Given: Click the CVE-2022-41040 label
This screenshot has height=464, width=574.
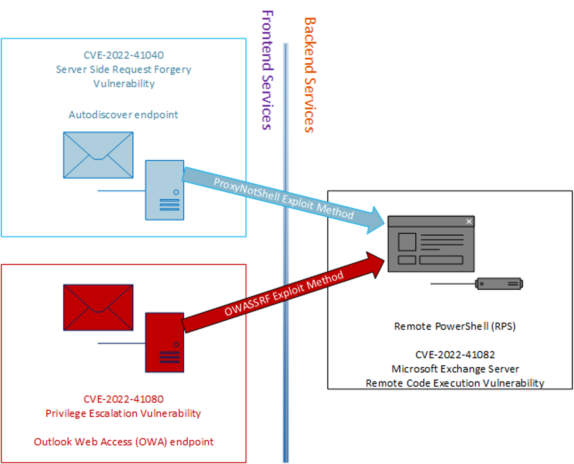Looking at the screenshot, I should click(124, 55).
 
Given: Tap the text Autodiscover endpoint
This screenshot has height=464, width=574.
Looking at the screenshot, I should click(123, 115).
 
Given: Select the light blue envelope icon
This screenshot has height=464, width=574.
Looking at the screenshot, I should click(98, 155).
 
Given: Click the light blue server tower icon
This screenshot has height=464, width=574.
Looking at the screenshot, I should click(165, 190).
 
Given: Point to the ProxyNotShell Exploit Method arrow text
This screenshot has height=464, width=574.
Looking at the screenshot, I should click(283, 198).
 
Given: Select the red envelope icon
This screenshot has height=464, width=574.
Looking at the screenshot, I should click(98, 307).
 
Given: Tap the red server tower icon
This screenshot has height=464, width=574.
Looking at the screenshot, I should click(165, 342).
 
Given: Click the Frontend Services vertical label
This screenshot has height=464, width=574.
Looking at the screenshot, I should click(267, 70).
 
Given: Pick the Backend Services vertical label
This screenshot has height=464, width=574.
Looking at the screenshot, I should click(309, 75).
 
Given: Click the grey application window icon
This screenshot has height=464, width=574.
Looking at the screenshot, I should click(431, 244).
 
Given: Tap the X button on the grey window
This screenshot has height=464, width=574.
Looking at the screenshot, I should click(469, 221).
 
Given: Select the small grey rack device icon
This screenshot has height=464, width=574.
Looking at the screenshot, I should click(499, 284).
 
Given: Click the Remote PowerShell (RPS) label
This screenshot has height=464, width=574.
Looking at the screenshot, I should click(455, 326).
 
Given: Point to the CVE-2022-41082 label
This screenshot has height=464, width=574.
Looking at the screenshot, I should click(455, 355).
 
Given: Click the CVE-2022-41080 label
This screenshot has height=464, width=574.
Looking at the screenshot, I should click(123, 399).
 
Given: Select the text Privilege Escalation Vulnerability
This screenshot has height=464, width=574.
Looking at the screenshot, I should click(123, 413).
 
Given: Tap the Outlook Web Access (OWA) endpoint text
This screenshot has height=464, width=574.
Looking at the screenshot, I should click(123, 442).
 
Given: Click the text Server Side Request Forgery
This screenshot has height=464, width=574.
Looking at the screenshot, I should click(123, 70).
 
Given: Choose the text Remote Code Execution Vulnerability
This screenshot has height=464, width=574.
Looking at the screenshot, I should click(455, 383).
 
